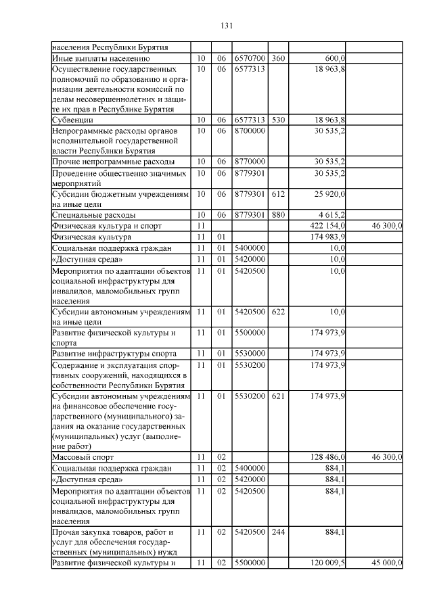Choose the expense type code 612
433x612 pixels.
(278, 193)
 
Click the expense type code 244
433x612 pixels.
(278, 532)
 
